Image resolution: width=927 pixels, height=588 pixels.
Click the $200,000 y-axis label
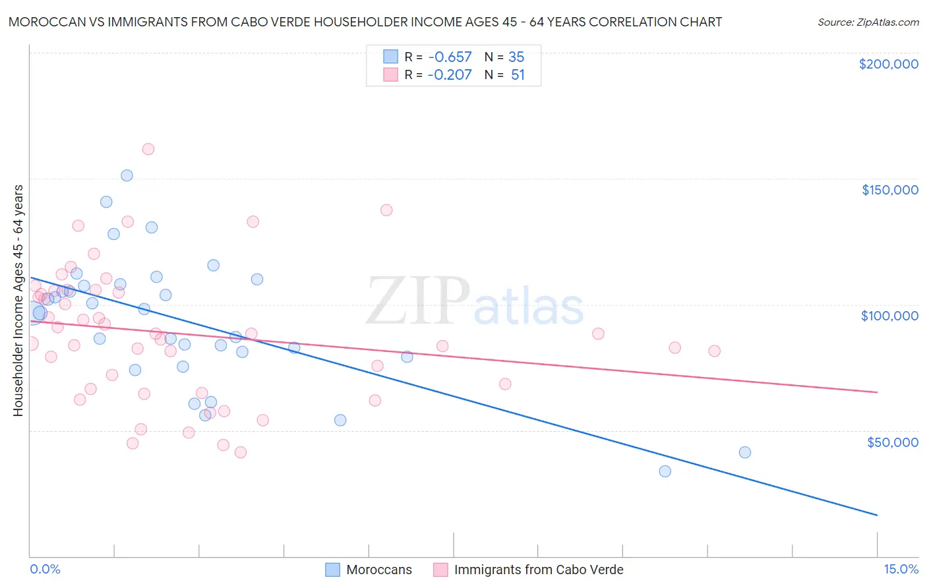coord(888,64)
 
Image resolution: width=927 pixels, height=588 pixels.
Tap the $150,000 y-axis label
coord(889,190)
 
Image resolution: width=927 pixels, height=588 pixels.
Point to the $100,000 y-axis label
coord(889,316)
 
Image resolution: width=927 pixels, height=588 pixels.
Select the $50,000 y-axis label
coord(892,442)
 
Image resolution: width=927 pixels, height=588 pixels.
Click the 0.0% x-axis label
coord(45,569)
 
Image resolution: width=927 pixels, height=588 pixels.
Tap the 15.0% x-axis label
coord(901,569)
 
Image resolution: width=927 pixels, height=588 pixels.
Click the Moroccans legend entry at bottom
coord(378,570)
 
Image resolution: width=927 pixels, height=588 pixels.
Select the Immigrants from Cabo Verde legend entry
coord(538,570)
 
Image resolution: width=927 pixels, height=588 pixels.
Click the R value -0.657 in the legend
coord(450,57)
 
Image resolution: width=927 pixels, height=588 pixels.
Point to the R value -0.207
coord(450,75)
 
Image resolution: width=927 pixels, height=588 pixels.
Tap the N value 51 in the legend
coord(518,75)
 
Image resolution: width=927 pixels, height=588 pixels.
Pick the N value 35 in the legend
coord(516,57)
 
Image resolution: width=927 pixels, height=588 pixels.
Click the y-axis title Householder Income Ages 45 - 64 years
coord(18,301)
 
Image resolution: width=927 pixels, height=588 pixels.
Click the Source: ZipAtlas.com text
coord(868,22)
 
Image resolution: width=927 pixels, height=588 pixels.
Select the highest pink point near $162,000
coord(148,150)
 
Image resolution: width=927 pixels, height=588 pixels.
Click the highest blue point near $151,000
coord(127,175)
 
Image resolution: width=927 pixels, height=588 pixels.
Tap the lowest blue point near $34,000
coord(665,471)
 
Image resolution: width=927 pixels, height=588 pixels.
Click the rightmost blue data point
coord(745,452)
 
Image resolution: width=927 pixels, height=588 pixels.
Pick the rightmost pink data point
coord(714,351)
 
